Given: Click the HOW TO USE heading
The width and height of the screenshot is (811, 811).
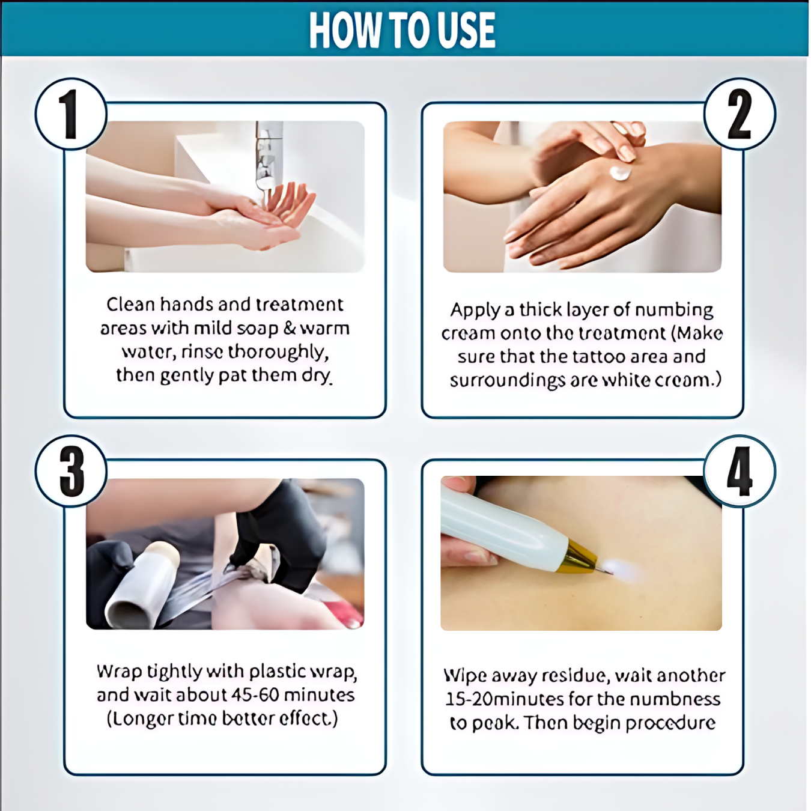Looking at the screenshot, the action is tap(402, 29).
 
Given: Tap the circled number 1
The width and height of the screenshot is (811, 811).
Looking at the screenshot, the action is tap(71, 114).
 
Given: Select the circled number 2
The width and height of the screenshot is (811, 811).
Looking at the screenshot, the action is tap(740, 114).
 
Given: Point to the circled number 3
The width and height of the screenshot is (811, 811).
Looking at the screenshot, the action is tap(71, 471).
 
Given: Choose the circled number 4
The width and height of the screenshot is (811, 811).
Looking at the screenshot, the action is tap(740, 471).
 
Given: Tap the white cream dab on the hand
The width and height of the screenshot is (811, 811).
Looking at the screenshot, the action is tap(621, 172).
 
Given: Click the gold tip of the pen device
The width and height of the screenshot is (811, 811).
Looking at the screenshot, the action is tap(577, 557).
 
